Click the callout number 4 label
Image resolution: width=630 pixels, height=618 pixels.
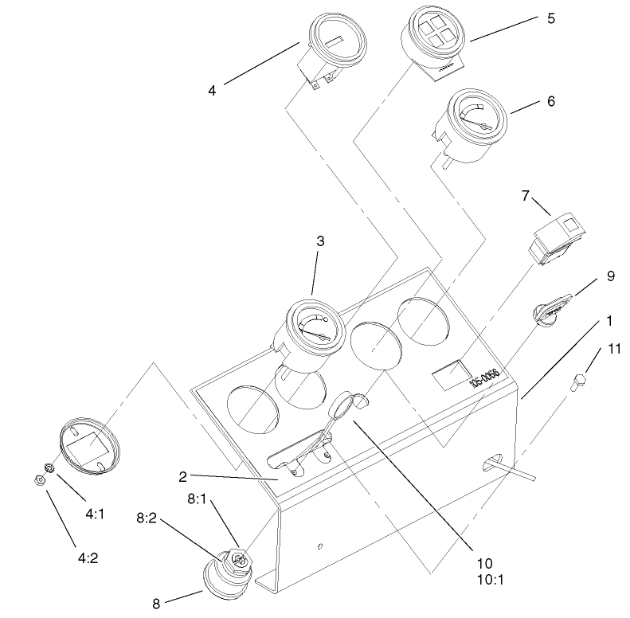coord(212,90)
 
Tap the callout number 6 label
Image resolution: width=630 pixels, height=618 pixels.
coord(551,102)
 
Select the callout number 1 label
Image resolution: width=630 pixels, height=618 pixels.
coord(608,321)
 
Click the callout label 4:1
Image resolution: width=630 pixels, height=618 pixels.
coord(95,492)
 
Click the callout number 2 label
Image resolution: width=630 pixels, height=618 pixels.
coord(182,477)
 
